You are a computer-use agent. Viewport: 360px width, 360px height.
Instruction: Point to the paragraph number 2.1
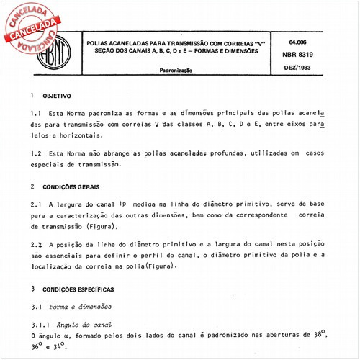tap(37, 204)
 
